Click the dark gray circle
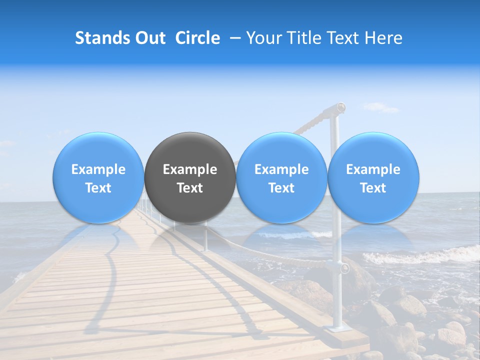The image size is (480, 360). click(190, 177)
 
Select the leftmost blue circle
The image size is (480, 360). click(98, 177)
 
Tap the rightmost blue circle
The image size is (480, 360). click(373, 177)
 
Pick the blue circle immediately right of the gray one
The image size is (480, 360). click(281, 177)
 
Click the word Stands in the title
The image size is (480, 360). click(101, 38)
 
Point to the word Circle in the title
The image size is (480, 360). click(197, 38)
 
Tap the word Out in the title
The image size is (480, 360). click(149, 38)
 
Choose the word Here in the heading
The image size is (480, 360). click(384, 38)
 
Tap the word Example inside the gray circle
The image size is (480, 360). click(190, 169)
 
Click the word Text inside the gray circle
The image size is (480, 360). click(190, 188)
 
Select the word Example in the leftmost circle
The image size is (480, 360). click(98, 169)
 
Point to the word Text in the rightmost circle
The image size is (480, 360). click(373, 188)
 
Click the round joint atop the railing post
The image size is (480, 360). click(340, 106)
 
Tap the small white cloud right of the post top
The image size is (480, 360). click(381, 107)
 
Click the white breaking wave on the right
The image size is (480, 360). click(420, 256)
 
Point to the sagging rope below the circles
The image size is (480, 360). click(270, 252)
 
